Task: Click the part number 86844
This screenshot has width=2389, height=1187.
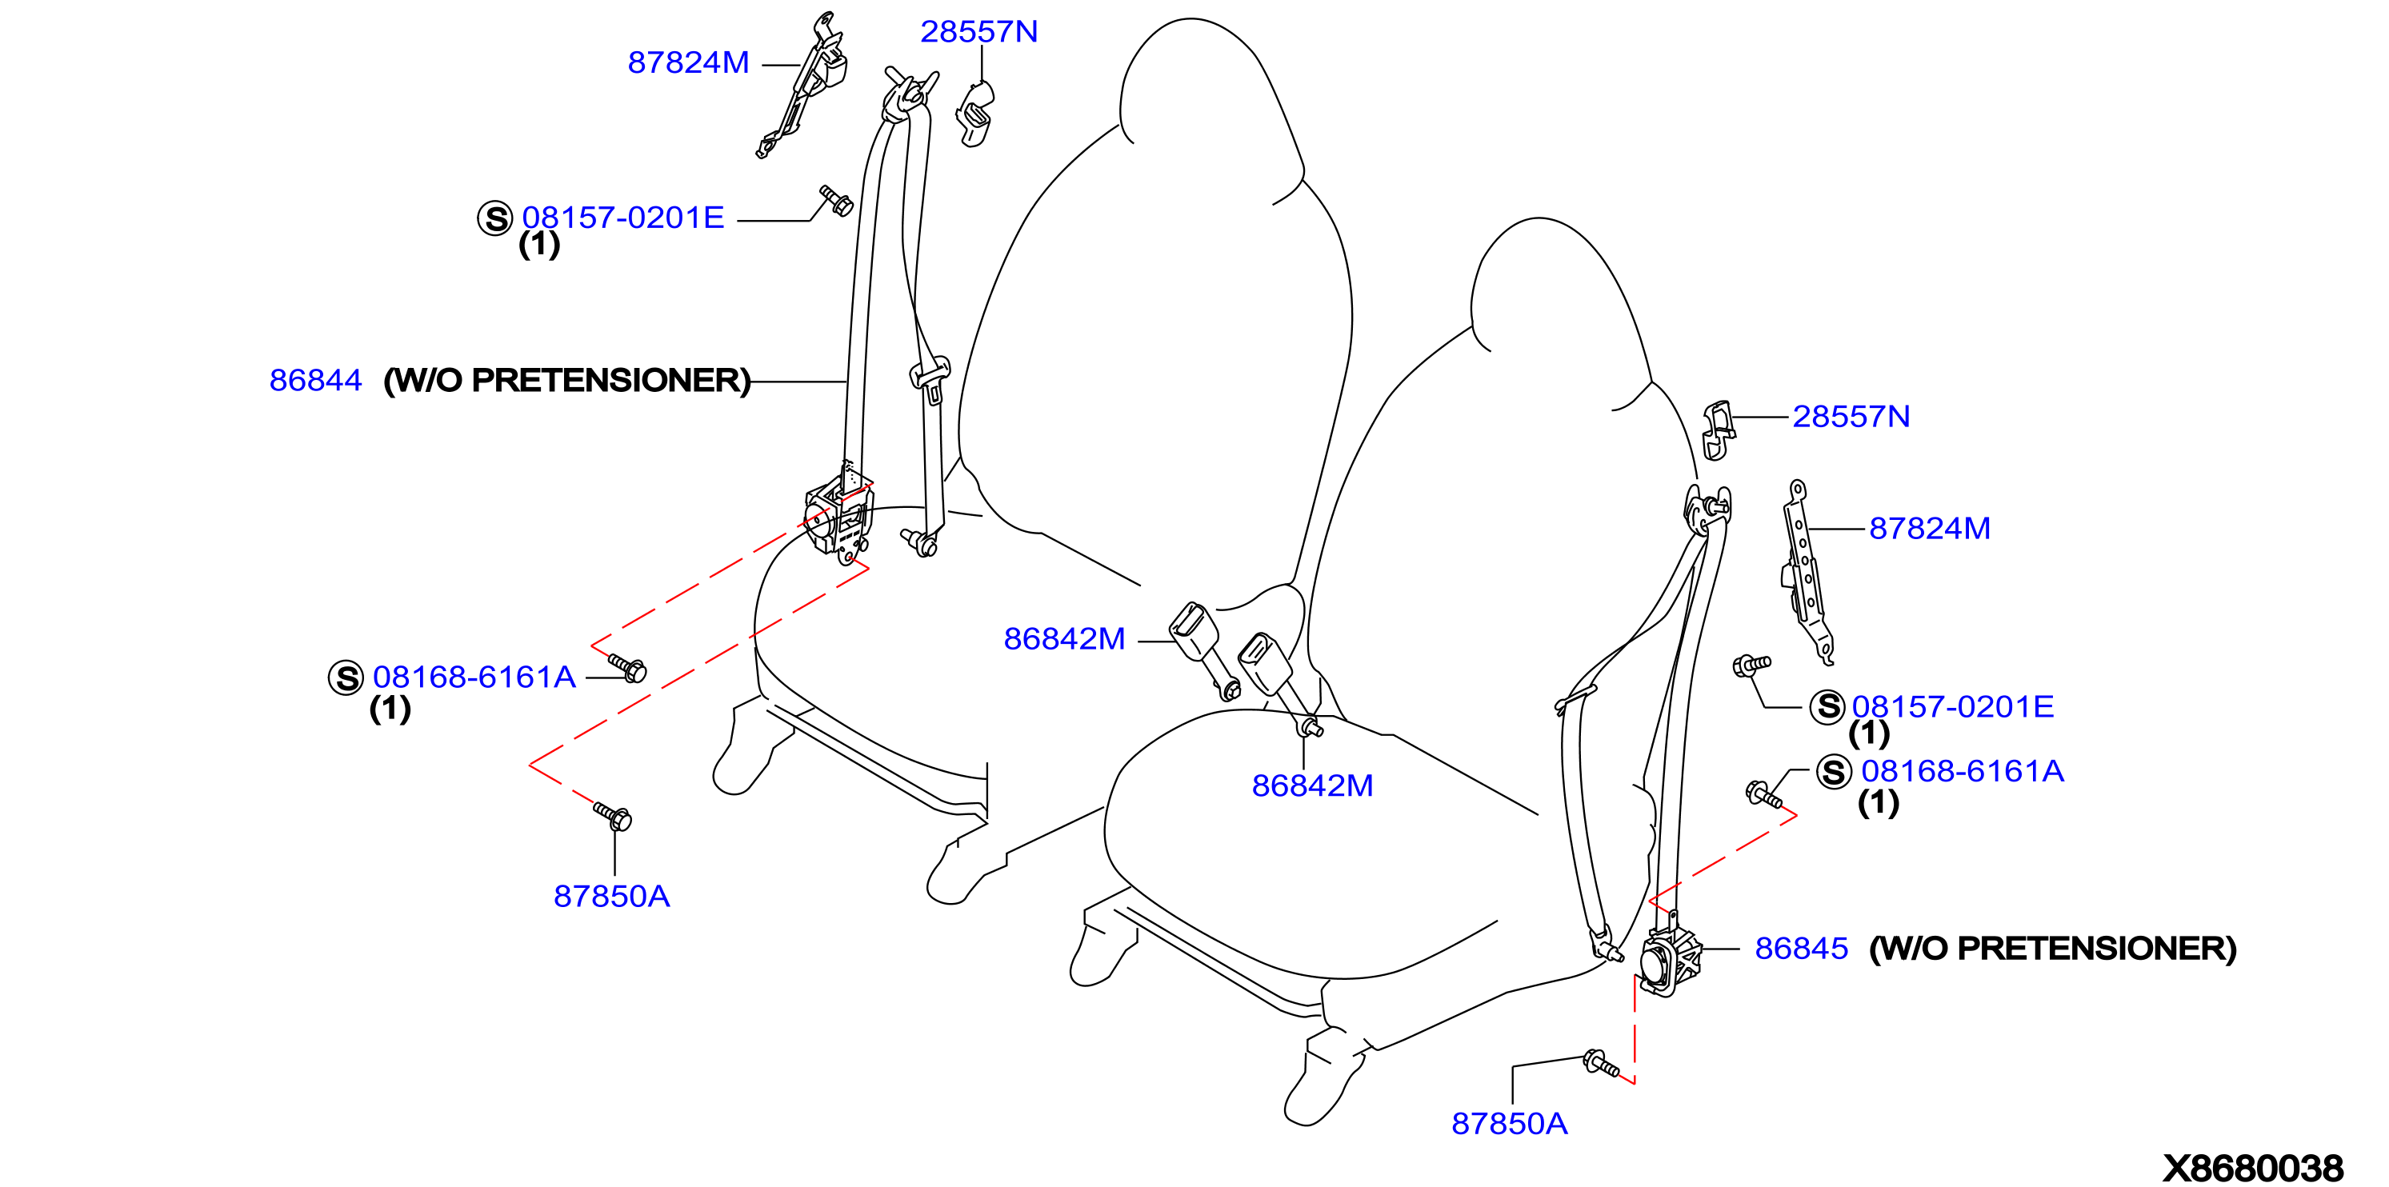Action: coord(315,380)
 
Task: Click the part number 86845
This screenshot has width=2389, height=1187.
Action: coord(1801,949)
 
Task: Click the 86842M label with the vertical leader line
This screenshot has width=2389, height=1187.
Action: coord(1312,785)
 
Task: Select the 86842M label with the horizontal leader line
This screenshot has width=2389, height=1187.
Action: coord(1065,639)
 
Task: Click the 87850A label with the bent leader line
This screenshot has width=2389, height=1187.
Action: coord(1509,1124)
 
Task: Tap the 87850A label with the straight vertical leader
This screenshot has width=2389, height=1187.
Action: coord(611,896)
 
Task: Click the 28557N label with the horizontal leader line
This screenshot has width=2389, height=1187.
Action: coord(1851,417)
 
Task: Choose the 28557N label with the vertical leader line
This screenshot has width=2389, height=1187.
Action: coord(978,31)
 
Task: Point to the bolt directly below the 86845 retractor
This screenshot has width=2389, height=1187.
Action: coord(1602,1064)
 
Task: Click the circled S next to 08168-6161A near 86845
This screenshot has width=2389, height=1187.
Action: coord(1834,772)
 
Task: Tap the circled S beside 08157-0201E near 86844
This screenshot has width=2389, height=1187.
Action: coord(495,219)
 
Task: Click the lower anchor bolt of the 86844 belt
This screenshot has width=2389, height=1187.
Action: coord(919,542)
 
